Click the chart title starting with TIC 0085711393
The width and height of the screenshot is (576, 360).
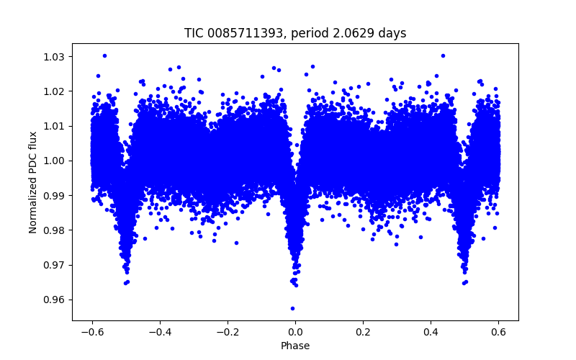point(295,33)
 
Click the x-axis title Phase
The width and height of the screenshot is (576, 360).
point(295,346)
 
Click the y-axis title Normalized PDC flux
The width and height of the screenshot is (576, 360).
point(33,181)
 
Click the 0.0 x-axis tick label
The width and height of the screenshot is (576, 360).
point(295,331)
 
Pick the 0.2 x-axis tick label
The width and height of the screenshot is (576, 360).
point(363,331)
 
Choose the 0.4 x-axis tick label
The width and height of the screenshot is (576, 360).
point(431,331)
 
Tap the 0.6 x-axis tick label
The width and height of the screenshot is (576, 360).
point(498,331)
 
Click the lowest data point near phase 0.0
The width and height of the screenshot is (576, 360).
point(292,308)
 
